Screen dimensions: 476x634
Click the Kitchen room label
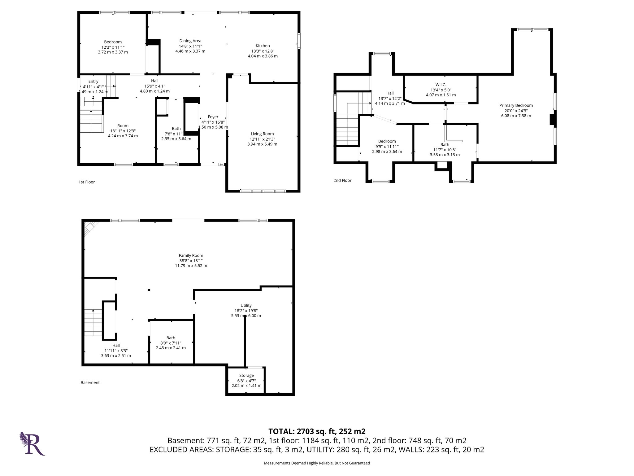coord(263,46)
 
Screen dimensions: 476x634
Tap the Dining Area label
coord(190,41)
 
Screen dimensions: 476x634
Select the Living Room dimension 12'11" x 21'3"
coord(262,139)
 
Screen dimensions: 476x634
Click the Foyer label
coord(213,117)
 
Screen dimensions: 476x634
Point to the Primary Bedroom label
coord(516,105)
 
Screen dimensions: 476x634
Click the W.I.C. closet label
coord(441,85)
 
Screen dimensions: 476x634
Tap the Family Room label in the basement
coord(191,255)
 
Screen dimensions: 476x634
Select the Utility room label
coord(246,305)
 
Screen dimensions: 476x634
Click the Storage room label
coord(246,375)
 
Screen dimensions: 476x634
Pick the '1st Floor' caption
coord(87,182)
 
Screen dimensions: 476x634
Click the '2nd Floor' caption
coord(342,180)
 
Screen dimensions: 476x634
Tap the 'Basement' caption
coord(90,382)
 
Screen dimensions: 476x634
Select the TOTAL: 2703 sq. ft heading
coord(317,431)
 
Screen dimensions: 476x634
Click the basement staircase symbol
coord(93,323)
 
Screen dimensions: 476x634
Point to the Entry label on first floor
coord(93,82)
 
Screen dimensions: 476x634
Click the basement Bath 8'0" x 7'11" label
coord(171,338)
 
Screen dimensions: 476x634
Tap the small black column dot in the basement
coord(149,290)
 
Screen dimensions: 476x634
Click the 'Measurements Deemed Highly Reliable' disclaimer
coord(317,463)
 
